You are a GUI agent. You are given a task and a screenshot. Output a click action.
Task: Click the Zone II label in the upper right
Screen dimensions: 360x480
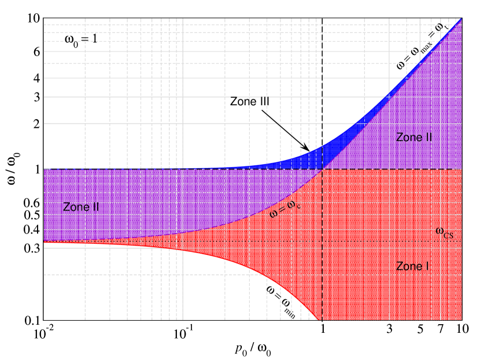[x=414, y=138]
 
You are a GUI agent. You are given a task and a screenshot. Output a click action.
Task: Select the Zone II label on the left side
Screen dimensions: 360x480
[x=80, y=207]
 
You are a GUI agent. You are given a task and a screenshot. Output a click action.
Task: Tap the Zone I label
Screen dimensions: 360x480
[x=412, y=266]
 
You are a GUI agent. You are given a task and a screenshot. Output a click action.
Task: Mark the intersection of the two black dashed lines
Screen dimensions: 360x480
[x=322, y=169]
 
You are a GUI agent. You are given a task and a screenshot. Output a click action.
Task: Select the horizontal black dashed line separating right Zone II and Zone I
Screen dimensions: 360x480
[x=393, y=169]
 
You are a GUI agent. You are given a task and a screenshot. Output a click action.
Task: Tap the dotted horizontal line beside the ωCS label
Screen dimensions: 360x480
[x=376, y=241]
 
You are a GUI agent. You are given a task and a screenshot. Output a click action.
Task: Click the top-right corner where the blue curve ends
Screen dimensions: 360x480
[x=461, y=19]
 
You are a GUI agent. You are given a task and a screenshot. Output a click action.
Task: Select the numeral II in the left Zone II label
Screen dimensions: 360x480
[x=95, y=207]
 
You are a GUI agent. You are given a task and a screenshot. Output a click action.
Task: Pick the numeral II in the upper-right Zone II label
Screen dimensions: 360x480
[x=429, y=138]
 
